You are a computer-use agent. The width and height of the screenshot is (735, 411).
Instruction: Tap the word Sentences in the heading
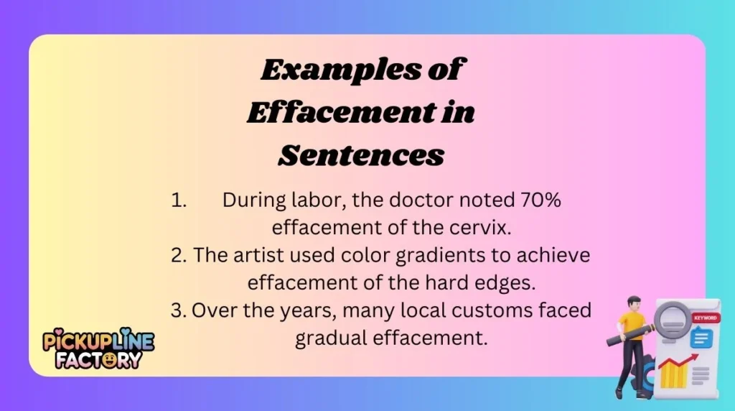pos(361,154)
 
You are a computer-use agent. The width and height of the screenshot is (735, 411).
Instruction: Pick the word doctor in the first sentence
pos(423,200)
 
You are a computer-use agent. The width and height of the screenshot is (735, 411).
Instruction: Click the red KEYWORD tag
pos(704,318)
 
